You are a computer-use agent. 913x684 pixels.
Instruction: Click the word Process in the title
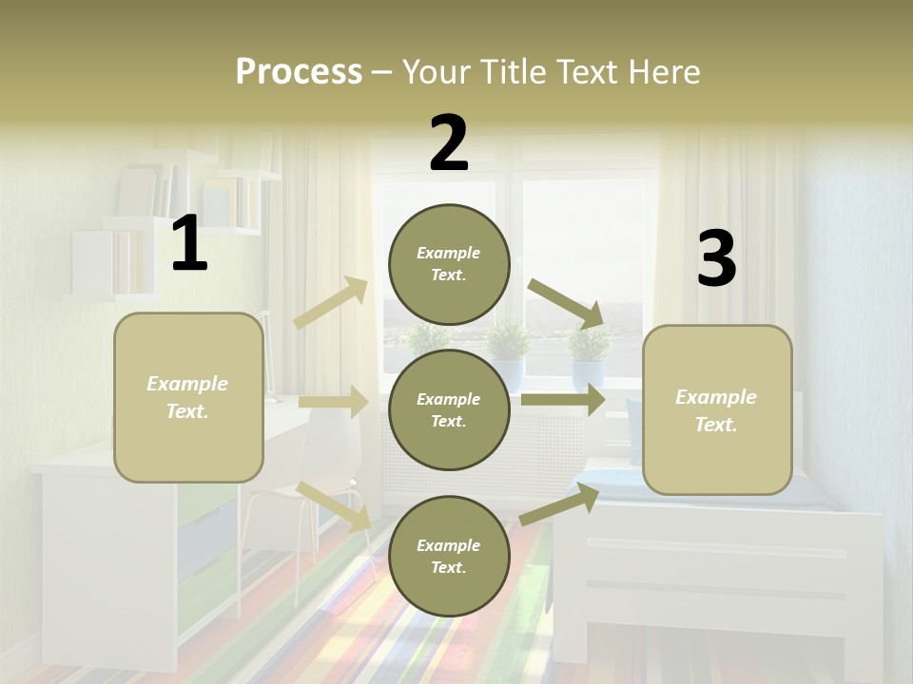299,72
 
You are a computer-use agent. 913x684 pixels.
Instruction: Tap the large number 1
189,244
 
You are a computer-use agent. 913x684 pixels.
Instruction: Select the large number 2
449,143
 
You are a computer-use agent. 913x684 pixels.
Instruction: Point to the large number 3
716,258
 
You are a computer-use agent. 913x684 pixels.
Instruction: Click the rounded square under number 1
188,397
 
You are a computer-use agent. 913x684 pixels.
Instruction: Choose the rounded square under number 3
717,409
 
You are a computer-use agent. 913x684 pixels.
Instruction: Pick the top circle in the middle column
449,264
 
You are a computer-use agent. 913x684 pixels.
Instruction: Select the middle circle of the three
449,409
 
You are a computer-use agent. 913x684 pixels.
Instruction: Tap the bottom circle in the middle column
449,556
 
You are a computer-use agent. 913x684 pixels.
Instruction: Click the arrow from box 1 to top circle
331,303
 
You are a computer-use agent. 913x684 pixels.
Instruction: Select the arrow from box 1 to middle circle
333,402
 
